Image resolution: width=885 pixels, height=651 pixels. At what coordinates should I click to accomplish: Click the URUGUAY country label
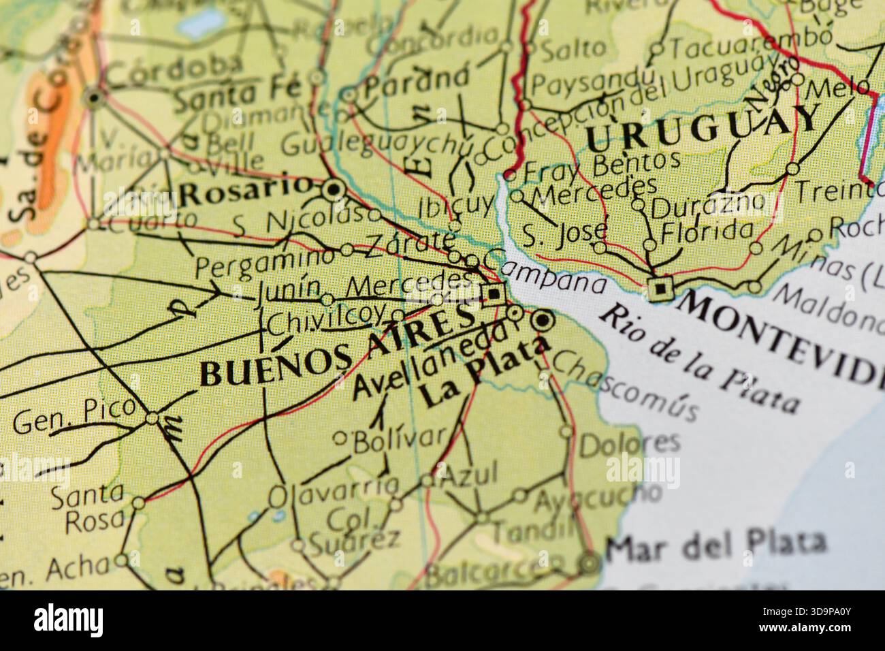(701, 129)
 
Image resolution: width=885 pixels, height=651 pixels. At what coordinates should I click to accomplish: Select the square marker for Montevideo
(660, 289)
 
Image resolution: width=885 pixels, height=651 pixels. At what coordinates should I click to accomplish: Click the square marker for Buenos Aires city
(494, 295)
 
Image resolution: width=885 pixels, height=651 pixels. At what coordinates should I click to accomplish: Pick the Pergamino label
(265, 262)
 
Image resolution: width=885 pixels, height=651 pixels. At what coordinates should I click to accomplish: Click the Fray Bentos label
(603, 164)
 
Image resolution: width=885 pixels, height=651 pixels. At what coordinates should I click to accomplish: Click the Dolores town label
(629, 444)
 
